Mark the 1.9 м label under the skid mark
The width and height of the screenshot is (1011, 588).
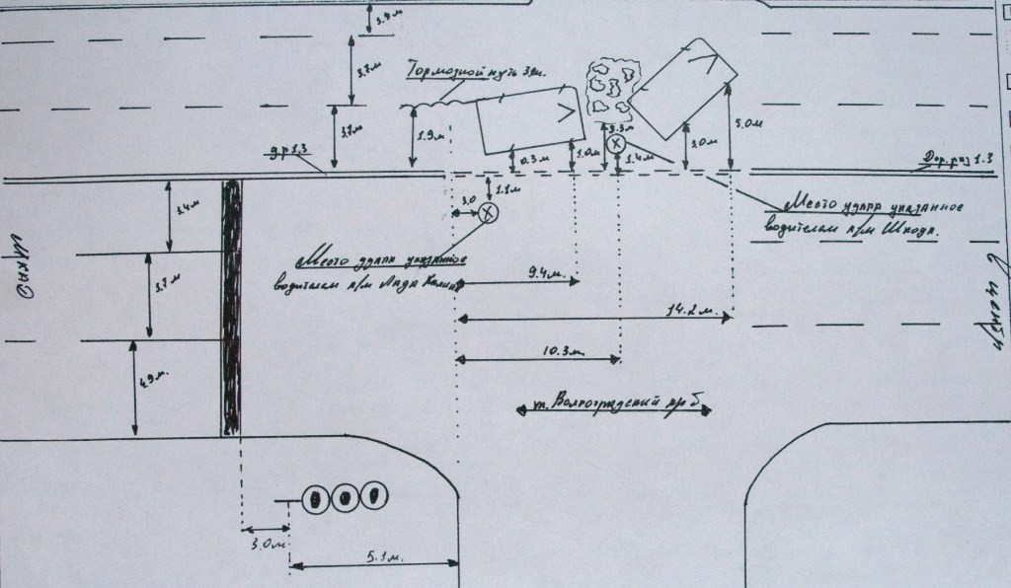click(428, 135)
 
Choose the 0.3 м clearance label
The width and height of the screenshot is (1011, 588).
click(534, 158)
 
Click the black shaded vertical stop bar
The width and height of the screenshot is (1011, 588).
click(231, 306)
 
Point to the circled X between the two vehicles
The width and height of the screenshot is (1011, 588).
click(615, 145)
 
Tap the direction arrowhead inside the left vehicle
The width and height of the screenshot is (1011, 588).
click(566, 113)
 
